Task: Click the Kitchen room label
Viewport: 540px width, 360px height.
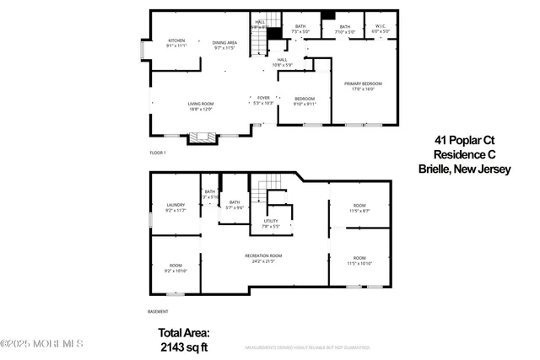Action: [175, 43]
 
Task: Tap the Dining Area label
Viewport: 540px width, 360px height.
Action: [224, 43]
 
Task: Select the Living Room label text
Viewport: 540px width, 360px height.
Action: [200, 105]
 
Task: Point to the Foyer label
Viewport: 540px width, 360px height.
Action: [263, 99]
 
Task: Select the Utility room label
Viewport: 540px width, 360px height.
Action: [270, 223]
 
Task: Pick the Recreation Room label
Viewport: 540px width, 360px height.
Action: [263, 258]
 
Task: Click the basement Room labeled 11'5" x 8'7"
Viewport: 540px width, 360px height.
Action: [359, 209]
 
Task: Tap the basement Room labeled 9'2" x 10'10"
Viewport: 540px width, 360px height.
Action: [175, 268]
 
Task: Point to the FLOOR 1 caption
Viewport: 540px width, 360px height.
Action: [158, 153]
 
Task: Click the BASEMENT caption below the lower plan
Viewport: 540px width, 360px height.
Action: [159, 311]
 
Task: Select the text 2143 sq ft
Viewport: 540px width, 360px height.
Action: [184, 346]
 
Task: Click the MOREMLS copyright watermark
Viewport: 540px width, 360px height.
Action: [42, 344]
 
